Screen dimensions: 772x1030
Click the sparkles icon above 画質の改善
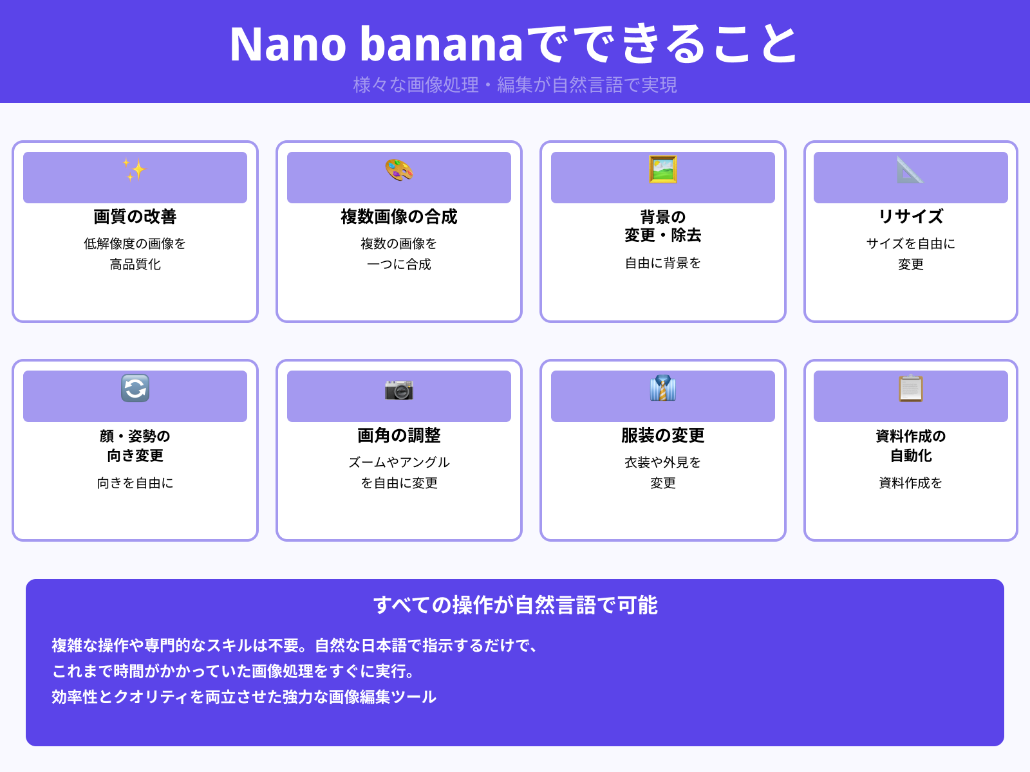point(135,170)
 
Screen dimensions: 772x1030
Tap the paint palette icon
point(399,170)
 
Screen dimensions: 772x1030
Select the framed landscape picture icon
point(663,170)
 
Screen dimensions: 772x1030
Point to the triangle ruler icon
point(910,170)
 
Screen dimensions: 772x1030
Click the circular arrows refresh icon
point(135,389)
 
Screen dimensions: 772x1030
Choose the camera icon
point(399,389)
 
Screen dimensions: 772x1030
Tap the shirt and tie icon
point(663,389)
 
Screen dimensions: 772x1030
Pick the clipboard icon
point(910,389)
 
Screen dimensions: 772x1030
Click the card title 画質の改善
point(135,217)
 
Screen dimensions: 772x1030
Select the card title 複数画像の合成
point(399,217)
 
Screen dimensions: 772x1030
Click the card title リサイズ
point(911,217)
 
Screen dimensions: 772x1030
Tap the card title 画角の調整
point(399,436)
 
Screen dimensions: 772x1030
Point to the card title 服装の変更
point(663,436)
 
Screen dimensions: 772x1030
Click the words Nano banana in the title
point(377,45)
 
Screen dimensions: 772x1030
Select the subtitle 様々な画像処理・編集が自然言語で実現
point(515,85)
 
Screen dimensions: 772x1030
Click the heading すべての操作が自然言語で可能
point(515,605)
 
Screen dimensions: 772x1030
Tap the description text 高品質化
point(135,264)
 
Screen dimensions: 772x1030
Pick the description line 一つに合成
point(399,264)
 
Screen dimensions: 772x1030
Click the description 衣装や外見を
point(663,463)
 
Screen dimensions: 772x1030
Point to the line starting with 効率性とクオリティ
point(244,697)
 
